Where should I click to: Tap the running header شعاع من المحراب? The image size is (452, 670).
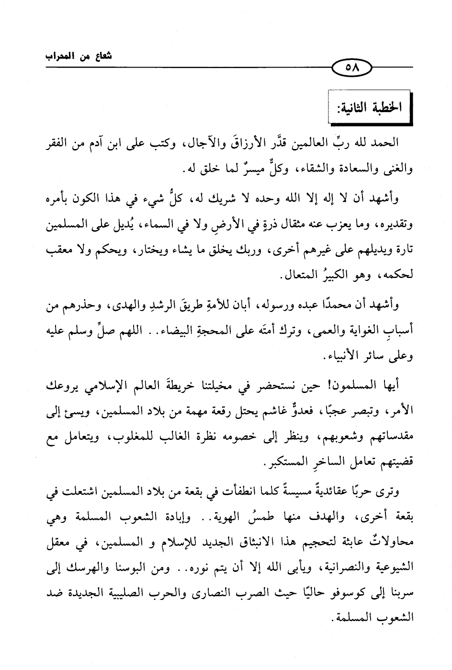click(78, 56)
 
